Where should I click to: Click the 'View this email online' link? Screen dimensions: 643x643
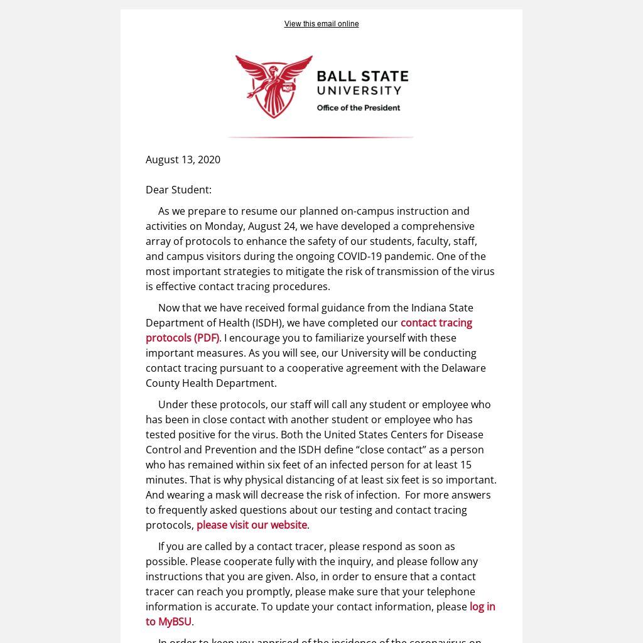(x=321, y=24)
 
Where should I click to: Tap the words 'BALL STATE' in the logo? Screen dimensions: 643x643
(x=362, y=77)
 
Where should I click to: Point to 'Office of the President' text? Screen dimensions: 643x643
(x=358, y=108)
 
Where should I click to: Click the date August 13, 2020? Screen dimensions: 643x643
(x=183, y=159)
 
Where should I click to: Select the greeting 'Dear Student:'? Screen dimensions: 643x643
(x=178, y=190)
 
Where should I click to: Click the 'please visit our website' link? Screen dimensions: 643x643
(x=251, y=525)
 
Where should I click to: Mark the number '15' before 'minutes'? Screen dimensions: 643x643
(x=465, y=465)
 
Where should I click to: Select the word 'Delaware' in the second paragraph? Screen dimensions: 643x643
(x=463, y=368)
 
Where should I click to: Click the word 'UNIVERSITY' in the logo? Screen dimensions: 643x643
(x=359, y=92)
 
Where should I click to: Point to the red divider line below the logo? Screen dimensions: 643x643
(x=320, y=137)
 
